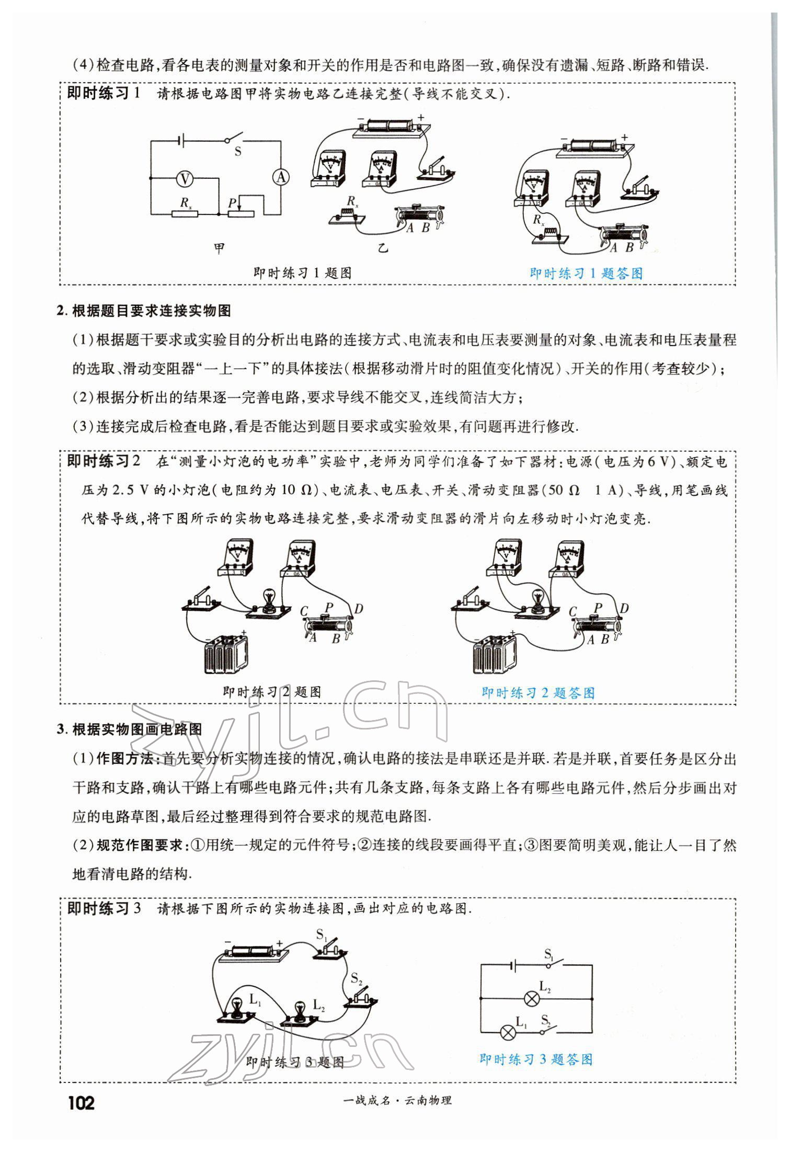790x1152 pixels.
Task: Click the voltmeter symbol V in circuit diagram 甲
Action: click(x=184, y=179)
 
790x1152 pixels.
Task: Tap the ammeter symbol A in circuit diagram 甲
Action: click(x=281, y=178)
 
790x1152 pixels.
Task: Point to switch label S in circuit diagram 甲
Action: click(x=238, y=152)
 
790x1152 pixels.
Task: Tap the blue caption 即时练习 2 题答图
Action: click(x=537, y=693)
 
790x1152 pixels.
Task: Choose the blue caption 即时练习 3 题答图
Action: click(x=536, y=1059)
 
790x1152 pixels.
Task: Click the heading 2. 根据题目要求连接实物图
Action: click(x=144, y=311)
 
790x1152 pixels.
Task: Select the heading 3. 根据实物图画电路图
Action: click(x=129, y=729)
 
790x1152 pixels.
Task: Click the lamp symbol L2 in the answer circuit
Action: click(x=532, y=999)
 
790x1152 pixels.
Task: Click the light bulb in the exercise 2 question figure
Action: click(x=269, y=598)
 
